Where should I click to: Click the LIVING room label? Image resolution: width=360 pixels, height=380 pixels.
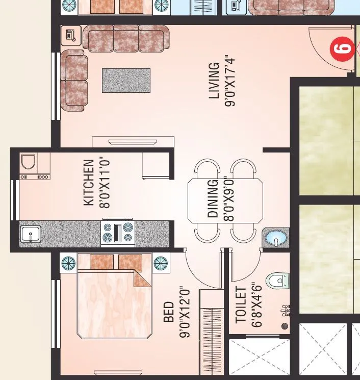(x=214, y=80)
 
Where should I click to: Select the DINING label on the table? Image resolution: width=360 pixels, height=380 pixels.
(x=213, y=198)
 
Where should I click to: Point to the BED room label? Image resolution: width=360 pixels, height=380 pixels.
(x=169, y=312)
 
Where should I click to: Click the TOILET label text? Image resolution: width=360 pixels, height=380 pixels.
(x=241, y=305)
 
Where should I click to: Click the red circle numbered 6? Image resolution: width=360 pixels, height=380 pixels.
(x=343, y=49)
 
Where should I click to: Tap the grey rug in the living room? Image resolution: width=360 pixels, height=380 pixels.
(x=126, y=81)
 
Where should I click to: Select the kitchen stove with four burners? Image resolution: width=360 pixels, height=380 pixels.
(x=118, y=233)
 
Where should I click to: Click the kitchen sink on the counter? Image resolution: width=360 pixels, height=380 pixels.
(x=30, y=235)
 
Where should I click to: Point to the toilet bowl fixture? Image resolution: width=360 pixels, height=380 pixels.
(x=278, y=281)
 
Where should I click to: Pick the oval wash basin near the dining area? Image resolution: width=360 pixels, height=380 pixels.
(x=275, y=238)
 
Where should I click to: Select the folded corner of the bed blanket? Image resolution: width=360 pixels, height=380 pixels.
(x=141, y=277)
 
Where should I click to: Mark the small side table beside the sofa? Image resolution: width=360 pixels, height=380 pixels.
(x=70, y=36)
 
